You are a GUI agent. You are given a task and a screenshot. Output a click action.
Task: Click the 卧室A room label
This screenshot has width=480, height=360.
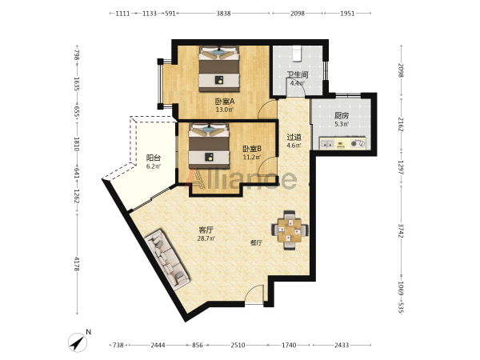pos(224,101)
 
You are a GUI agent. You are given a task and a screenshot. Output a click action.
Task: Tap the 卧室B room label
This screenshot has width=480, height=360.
pos(252,149)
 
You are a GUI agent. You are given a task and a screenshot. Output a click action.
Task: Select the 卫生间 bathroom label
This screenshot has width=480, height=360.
pos(298,75)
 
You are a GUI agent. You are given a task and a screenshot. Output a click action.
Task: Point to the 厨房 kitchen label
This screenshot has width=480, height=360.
pos(342,116)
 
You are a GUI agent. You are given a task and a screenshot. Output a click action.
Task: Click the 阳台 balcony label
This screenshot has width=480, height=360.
pos(153,158)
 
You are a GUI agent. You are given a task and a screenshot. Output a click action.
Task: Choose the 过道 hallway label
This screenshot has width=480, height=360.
pos(294,138)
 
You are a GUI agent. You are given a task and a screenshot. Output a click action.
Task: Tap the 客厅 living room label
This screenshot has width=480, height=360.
pos(206,230)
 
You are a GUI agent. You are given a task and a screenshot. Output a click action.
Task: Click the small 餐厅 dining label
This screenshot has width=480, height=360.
pos(256,242)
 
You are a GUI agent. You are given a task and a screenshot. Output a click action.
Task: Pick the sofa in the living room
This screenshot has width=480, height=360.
pos(167,259)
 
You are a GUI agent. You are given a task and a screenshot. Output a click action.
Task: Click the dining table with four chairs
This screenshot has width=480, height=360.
pos(290,230)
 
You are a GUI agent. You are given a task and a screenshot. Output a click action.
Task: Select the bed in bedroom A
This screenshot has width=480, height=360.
pos(219,69)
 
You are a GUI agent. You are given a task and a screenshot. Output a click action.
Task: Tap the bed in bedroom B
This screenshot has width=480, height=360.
pos(209,146)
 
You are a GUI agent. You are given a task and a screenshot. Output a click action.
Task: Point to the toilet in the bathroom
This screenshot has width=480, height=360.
pos(297,54)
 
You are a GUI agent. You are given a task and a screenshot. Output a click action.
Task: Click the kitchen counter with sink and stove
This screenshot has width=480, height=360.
pos(342,143)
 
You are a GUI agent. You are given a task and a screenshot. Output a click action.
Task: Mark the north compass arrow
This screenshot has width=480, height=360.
pos(78,342)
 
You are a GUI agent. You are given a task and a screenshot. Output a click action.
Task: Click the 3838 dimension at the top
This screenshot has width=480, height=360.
pos(223,14)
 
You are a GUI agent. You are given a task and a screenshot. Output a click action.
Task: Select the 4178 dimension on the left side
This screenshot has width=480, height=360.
pos(77,264)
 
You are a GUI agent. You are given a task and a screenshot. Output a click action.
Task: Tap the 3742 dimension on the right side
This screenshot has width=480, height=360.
pos(401,230)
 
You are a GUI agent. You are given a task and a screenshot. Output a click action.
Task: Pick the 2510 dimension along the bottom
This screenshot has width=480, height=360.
pos(238,346)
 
